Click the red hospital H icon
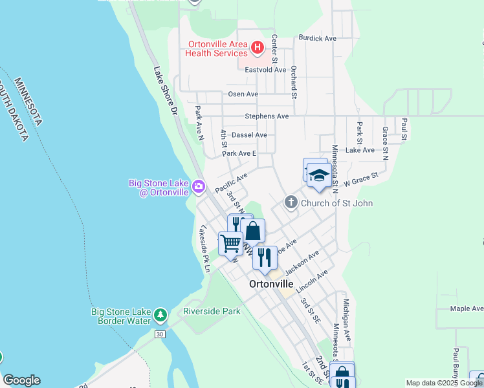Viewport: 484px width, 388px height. pos(258,47)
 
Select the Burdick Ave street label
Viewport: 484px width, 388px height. pos(317,38)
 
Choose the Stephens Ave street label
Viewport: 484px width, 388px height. pos(267,116)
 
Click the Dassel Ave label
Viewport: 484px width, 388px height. pos(249,135)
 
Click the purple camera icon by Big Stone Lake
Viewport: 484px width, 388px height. pos(199,188)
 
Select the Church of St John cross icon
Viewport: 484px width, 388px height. pos(291,203)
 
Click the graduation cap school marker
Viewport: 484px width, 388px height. pos(318,176)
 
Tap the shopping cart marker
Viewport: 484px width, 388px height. pos(230,244)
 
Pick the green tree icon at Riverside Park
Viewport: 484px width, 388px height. pos(160,316)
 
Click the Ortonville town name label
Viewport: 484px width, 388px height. pos(271,284)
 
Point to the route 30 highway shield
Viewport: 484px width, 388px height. pos(159,334)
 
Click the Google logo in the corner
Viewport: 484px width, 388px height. pos(21,380)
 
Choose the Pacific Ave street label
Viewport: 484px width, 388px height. pos(231,182)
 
